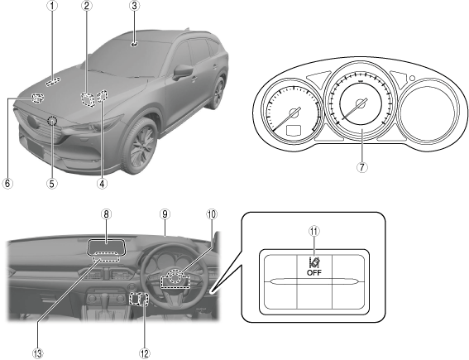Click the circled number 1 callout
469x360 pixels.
pyautogui.click(x=52, y=6)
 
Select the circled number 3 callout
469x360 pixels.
pyautogui.click(x=134, y=6)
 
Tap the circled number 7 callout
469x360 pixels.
pyautogui.click(x=362, y=167)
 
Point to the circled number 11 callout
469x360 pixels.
pyautogui.click(x=314, y=231)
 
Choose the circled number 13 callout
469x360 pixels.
pyautogui.click(x=38, y=353)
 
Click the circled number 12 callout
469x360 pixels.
pyautogui.click(x=145, y=353)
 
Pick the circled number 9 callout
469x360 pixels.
pyautogui.click(x=165, y=214)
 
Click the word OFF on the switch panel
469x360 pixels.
pyautogui.click(x=314, y=272)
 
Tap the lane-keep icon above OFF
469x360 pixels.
pyautogui.click(x=314, y=262)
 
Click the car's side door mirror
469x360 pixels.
pyautogui.click(x=183, y=73)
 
